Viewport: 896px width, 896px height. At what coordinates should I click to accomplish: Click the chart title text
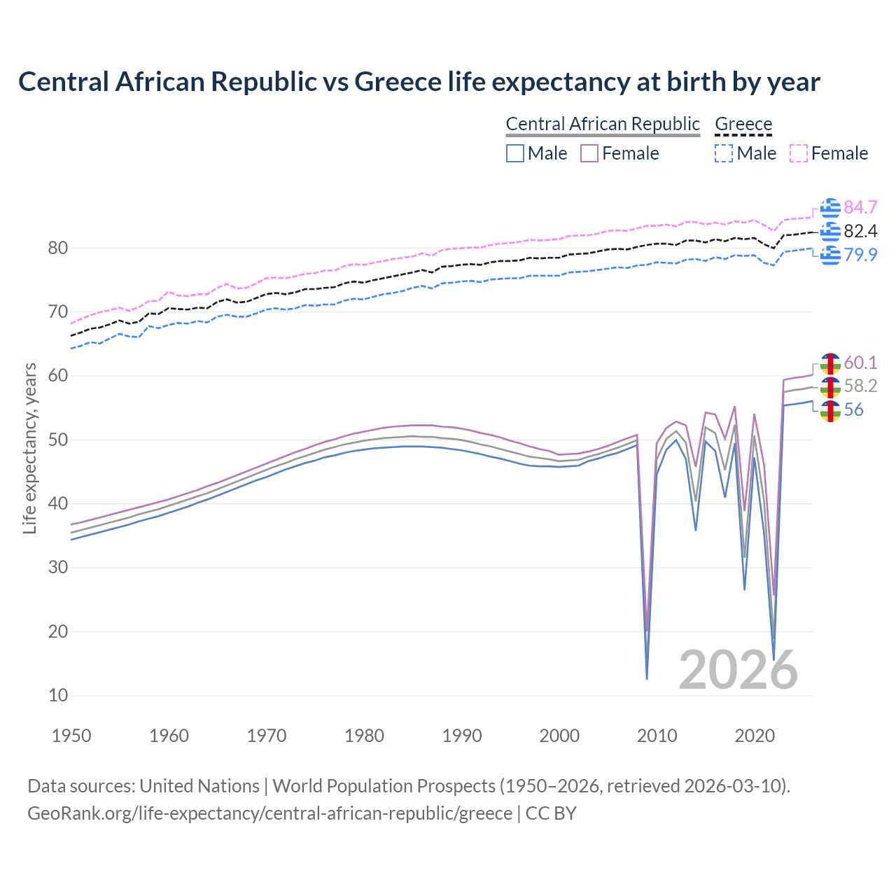click(x=419, y=82)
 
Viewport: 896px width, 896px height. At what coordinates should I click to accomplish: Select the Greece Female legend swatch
click(x=799, y=153)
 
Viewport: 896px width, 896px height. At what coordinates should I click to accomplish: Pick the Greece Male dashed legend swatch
click(x=724, y=153)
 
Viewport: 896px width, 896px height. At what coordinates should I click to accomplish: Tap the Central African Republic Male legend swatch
click(x=515, y=153)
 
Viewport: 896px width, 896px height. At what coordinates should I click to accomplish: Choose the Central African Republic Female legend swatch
click(x=589, y=153)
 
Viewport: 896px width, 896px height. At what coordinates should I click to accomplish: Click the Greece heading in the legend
click(x=743, y=124)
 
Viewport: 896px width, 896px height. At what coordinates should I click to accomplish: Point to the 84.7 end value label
click(x=860, y=207)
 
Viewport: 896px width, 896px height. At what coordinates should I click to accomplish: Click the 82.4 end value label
click(x=860, y=231)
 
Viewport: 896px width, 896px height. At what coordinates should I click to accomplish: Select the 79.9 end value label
click(x=860, y=255)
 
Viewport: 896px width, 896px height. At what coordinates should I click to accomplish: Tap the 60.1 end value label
click(x=860, y=363)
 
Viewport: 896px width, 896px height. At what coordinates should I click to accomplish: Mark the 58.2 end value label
click(x=860, y=386)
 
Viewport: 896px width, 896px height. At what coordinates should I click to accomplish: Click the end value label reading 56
click(x=853, y=409)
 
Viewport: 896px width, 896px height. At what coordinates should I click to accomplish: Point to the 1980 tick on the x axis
click(x=364, y=736)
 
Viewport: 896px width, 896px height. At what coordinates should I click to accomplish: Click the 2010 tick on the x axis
click(x=657, y=736)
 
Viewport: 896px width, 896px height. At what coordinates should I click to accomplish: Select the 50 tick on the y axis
click(x=58, y=440)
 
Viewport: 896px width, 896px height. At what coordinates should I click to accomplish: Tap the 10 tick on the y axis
click(x=58, y=695)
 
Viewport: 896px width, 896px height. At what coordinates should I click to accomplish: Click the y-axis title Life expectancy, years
click(x=29, y=448)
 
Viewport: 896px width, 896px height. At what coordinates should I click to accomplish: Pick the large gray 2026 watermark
click(x=738, y=670)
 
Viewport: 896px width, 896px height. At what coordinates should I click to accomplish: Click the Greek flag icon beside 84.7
click(x=830, y=208)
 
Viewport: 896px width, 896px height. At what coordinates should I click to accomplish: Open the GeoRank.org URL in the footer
click(x=269, y=813)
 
